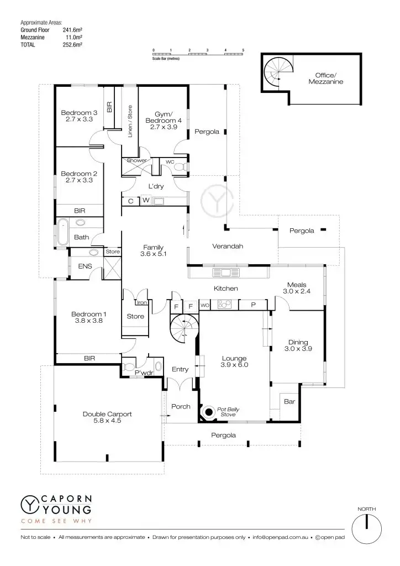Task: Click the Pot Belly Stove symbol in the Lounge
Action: coord(209,412)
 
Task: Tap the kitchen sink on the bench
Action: coord(226,272)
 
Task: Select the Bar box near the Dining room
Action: coord(289,402)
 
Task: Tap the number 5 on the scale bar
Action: coord(243,50)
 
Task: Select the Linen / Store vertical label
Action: coord(130,121)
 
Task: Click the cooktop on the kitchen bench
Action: coord(224,304)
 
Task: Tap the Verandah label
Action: coord(227,246)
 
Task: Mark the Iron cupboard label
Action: coord(141,302)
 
